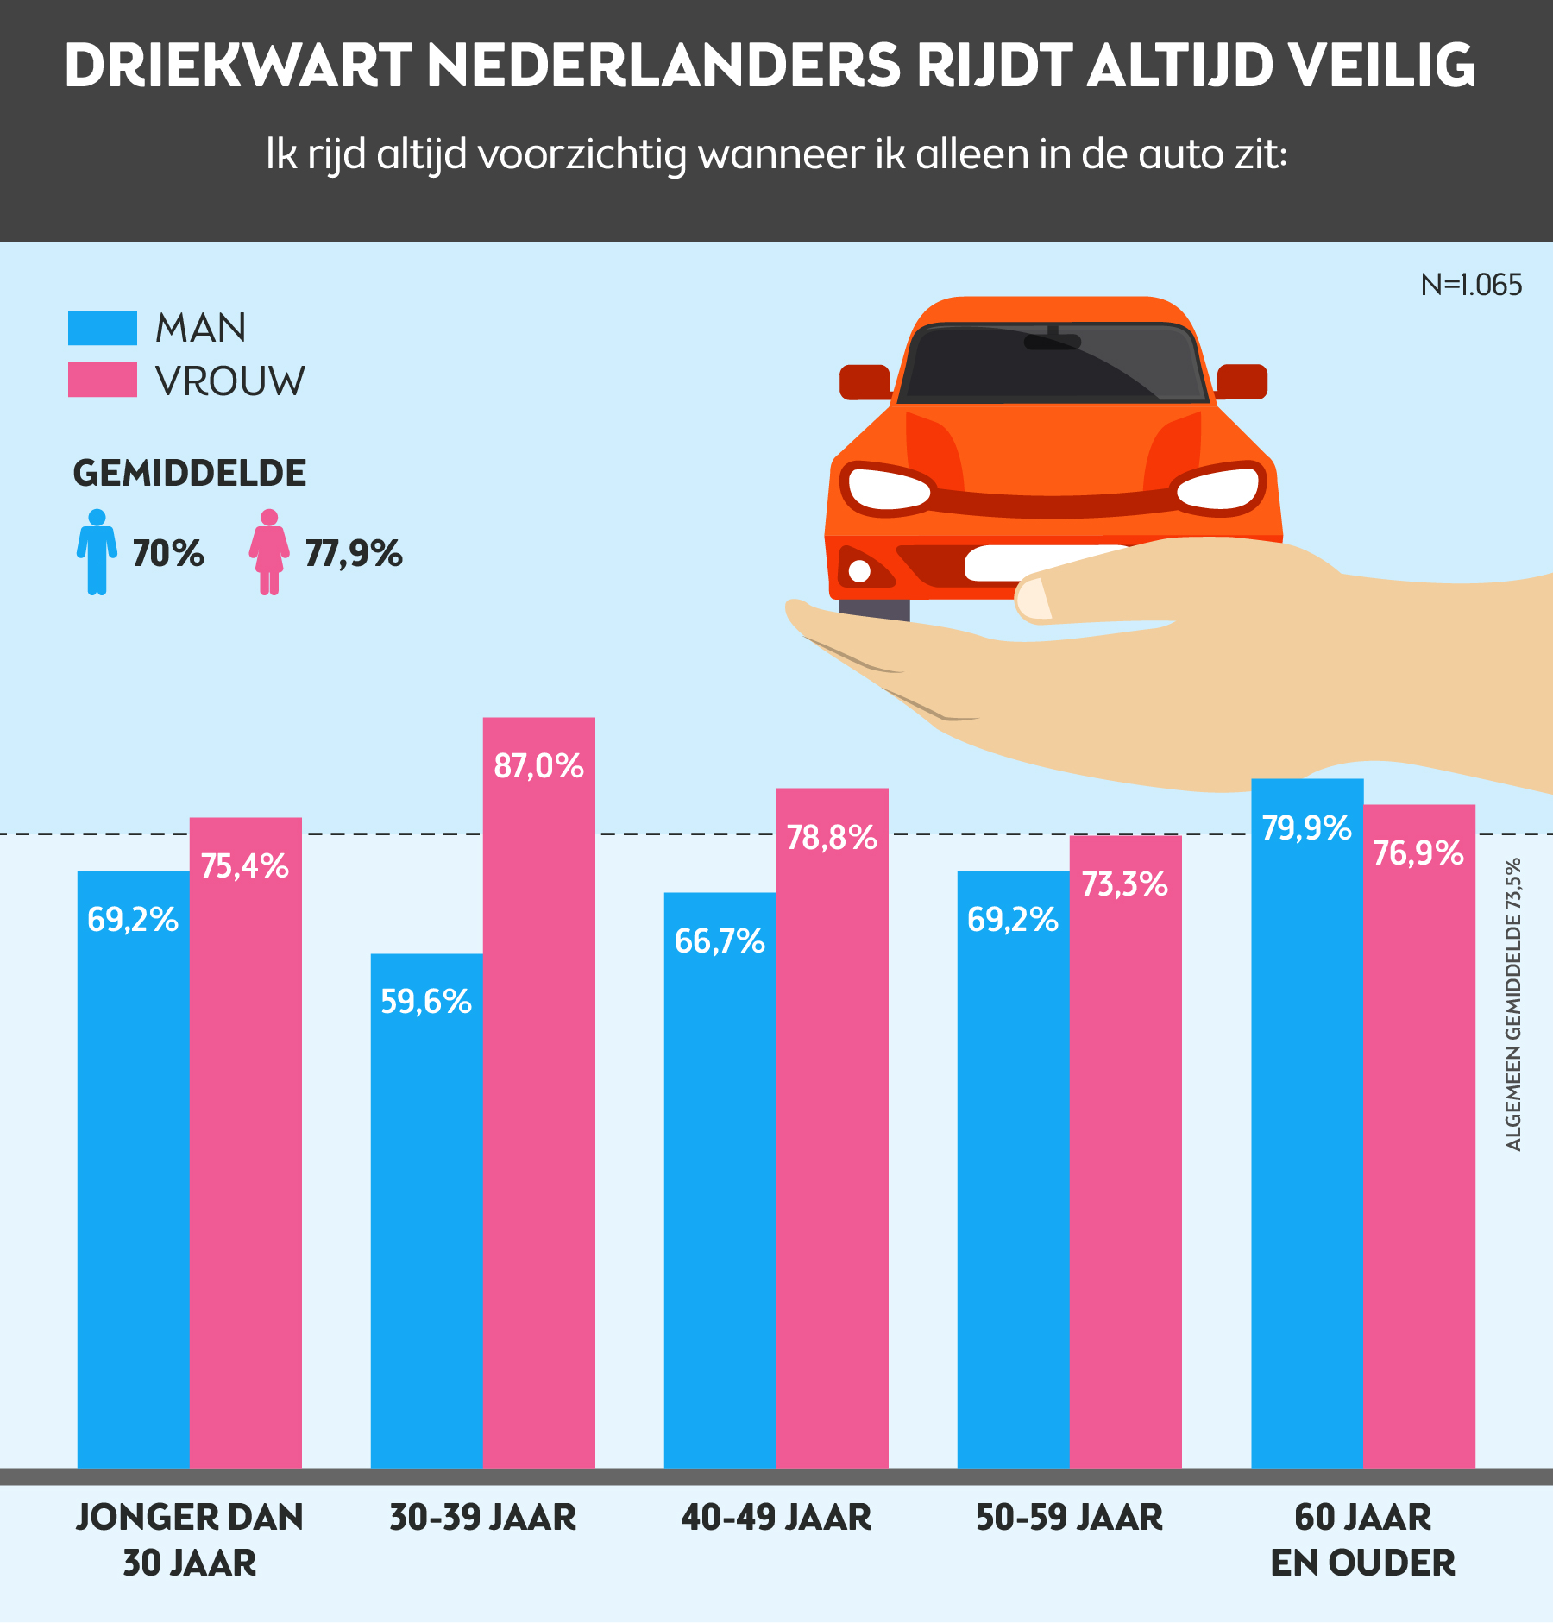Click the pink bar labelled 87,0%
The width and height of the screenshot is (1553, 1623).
click(538, 1091)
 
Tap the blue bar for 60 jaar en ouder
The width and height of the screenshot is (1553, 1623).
click(1306, 1123)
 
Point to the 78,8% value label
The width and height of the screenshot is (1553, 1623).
click(832, 838)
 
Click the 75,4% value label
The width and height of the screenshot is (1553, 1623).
click(245, 866)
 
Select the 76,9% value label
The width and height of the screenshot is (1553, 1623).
click(1418, 853)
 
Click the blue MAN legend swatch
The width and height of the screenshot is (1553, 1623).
click(103, 328)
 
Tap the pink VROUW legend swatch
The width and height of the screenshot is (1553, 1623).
click(103, 380)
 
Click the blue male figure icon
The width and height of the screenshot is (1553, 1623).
click(97, 552)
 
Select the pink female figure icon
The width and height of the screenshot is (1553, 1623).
click(269, 552)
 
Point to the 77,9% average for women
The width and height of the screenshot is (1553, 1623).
click(354, 554)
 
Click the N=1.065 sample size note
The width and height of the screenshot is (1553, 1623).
click(1471, 285)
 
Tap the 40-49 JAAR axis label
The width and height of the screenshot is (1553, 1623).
click(776, 1518)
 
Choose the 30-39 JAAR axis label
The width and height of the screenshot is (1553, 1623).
click(482, 1518)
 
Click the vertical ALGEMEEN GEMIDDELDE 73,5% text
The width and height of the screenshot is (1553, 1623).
click(1512, 1004)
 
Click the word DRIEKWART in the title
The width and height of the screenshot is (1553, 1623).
click(237, 66)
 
